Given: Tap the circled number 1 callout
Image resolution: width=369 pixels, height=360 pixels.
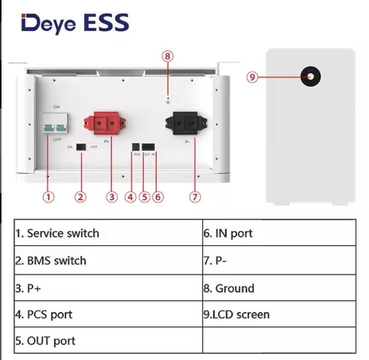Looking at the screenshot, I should [48, 197].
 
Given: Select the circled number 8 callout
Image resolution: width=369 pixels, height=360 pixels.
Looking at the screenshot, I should [168, 56].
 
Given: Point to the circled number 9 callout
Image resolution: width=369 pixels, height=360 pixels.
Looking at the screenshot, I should [253, 77].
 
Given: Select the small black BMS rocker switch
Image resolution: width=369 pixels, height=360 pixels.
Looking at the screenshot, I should [81, 147].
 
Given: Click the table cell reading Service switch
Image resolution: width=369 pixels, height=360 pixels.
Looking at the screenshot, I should [108, 233].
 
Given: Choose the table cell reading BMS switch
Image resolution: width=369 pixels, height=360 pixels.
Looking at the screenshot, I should [108, 261].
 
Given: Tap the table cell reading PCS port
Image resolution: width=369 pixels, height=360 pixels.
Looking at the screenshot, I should [108, 314].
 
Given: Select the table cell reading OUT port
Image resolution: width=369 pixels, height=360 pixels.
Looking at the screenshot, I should [108, 341].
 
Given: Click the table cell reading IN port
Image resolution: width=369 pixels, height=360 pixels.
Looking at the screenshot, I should [279, 233].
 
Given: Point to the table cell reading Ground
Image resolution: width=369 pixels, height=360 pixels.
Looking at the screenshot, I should [279, 288].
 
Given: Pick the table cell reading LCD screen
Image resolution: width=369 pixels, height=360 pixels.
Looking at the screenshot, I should [279, 314].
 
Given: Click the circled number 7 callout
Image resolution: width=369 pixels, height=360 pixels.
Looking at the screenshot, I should [195, 197].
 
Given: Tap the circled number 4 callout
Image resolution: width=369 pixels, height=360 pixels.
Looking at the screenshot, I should [130, 197].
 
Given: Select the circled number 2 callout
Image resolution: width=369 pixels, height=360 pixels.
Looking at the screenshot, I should [81, 197].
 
